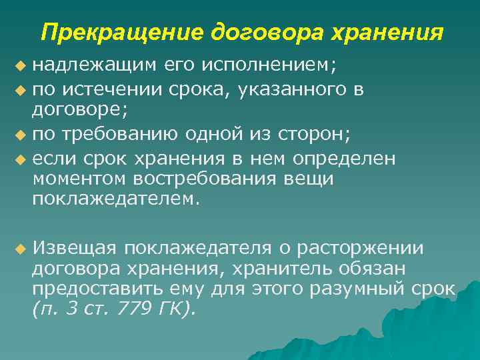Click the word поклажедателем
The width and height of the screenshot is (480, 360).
(114, 198)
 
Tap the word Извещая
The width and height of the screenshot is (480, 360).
(75, 248)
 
